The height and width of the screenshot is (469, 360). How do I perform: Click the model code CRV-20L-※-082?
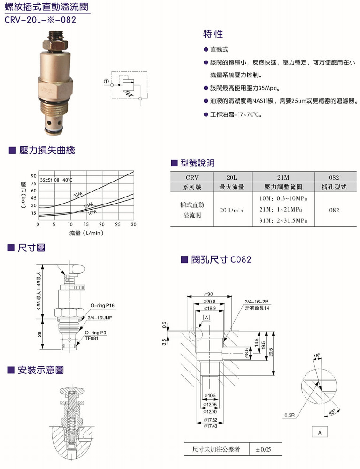click(x=40, y=20)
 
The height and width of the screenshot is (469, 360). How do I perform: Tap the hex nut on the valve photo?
click(x=55, y=45)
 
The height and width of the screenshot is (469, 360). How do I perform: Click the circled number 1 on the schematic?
click(x=106, y=81)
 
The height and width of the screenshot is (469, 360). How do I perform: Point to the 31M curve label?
click(x=78, y=195)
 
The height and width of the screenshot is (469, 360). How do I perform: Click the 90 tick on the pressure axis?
click(x=33, y=176)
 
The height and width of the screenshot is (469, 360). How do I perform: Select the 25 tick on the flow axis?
click(x=118, y=224)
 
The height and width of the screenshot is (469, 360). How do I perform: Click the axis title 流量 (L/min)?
click(x=86, y=233)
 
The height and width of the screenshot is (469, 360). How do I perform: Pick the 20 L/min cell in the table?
click(x=231, y=210)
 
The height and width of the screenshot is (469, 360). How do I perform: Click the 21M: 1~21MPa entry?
click(x=281, y=209)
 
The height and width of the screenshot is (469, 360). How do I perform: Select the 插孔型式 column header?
click(x=334, y=187)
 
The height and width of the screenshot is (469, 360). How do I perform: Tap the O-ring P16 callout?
click(x=103, y=306)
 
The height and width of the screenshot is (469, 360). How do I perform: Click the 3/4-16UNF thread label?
click(x=100, y=318)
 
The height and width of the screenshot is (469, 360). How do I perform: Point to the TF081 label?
click(x=92, y=338)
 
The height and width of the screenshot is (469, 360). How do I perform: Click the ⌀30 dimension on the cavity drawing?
click(x=208, y=294)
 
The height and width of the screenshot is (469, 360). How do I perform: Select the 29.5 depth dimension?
click(x=271, y=352)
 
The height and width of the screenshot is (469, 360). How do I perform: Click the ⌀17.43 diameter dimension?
click(x=210, y=426)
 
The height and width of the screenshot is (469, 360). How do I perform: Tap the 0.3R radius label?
click(x=290, y=415)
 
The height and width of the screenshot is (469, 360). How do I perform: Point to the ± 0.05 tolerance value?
click(x=264, y=450)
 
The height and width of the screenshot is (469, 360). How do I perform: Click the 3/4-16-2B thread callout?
click(x=256, y=302)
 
